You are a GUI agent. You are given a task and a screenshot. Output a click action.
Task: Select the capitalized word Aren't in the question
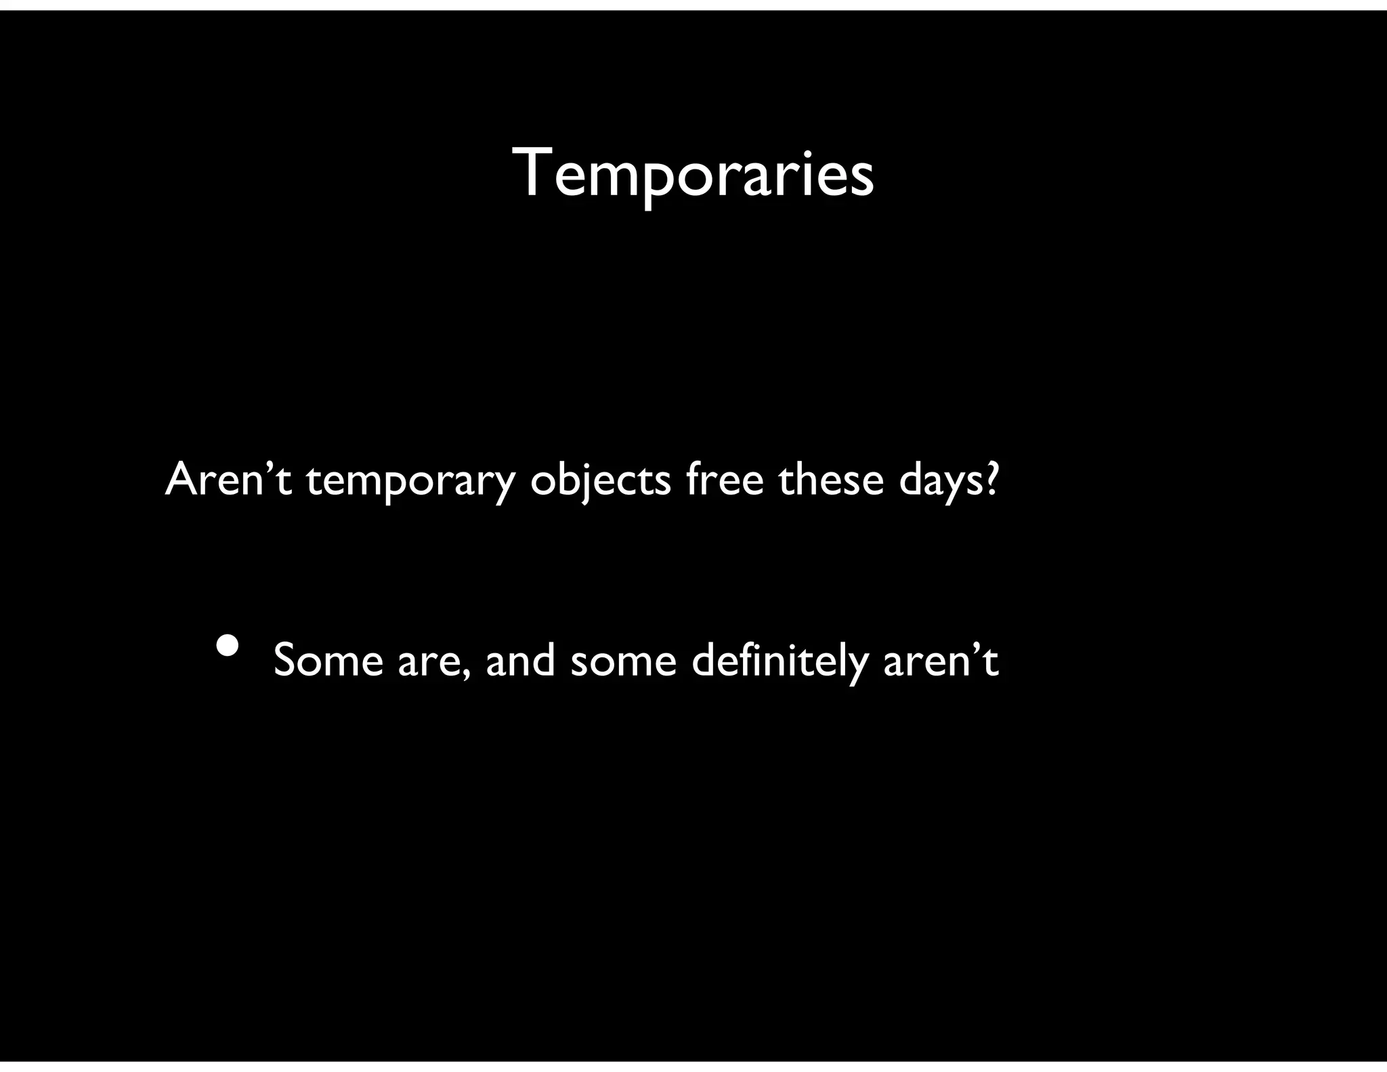click(228, 480)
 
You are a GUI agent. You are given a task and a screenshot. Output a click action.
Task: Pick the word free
click(724, 478)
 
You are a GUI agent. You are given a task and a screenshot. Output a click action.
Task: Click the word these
click(830, 479)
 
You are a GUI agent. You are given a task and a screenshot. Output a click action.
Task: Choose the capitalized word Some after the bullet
click(328, 660)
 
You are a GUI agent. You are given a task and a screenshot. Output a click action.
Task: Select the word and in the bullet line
click(520, 660)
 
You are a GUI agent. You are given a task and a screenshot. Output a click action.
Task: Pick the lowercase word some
click(623, 663)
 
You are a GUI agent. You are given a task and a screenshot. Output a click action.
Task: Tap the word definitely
click(780, 661)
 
